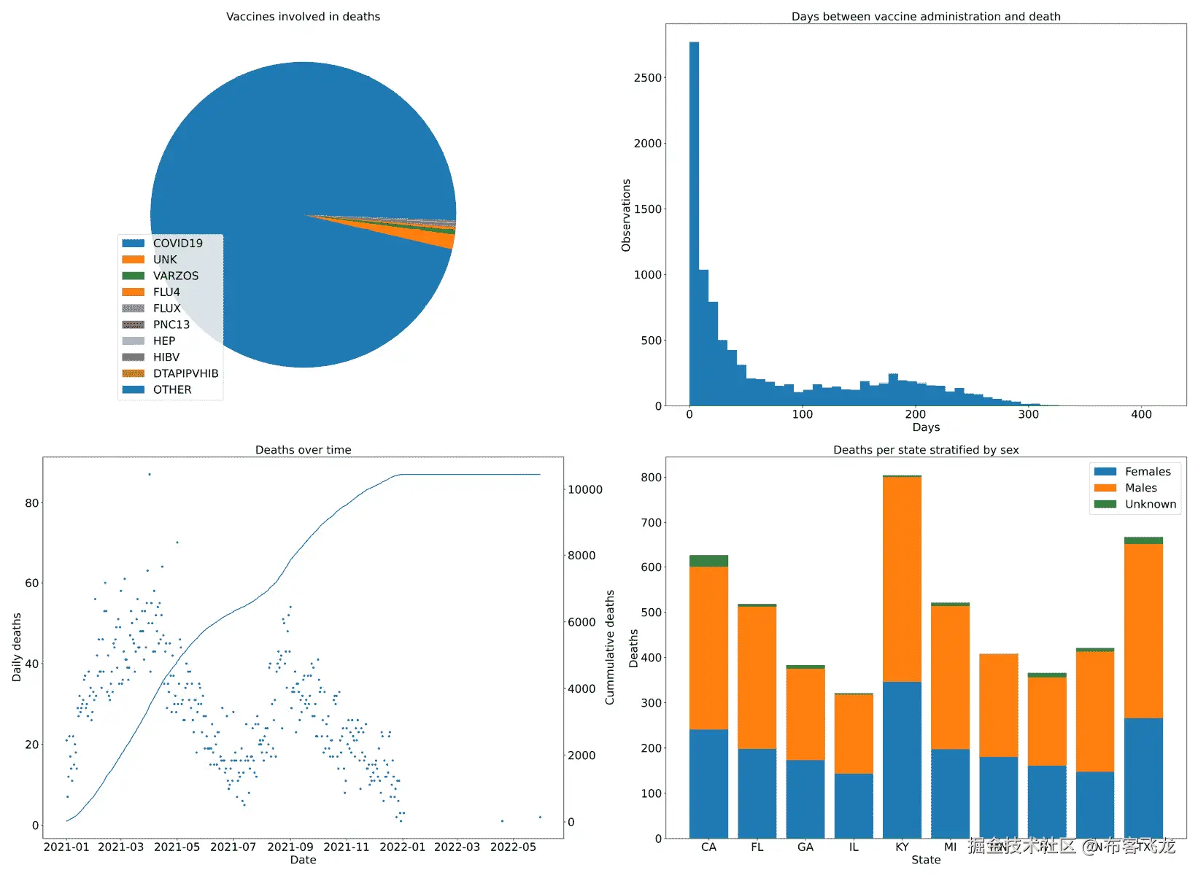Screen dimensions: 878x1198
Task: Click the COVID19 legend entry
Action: tap(177, 244)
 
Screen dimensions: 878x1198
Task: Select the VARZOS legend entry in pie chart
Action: tap(175, 276)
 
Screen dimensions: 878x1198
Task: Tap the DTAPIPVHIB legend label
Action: tap(185, 373)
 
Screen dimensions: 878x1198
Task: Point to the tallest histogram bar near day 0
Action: tap(694, 219)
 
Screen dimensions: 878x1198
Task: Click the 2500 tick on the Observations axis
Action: tap(648, 78)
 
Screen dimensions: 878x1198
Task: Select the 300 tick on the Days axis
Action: tap(1028, 414)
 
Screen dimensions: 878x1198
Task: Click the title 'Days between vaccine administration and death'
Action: tap(925, 16)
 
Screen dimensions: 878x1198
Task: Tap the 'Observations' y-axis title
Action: tap(626, 215)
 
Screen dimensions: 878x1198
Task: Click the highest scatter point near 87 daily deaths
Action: tap(150, 474)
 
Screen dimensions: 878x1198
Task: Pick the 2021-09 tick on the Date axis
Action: tap(290, 847)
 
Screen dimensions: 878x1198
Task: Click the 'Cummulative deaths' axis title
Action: tap(610, 647)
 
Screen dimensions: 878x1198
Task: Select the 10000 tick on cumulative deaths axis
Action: tap(585, 489)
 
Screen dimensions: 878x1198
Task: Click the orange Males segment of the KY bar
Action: tap(902, 580)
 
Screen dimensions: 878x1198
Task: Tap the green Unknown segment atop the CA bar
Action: tap(708, 561)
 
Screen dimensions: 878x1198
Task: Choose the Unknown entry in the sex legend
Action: tap(1150, 504)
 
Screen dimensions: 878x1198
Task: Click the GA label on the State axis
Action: tap(805, 847)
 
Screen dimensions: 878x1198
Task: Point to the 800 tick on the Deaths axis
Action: tap(651, 478)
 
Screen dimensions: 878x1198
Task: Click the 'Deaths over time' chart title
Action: tap(303, 450)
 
